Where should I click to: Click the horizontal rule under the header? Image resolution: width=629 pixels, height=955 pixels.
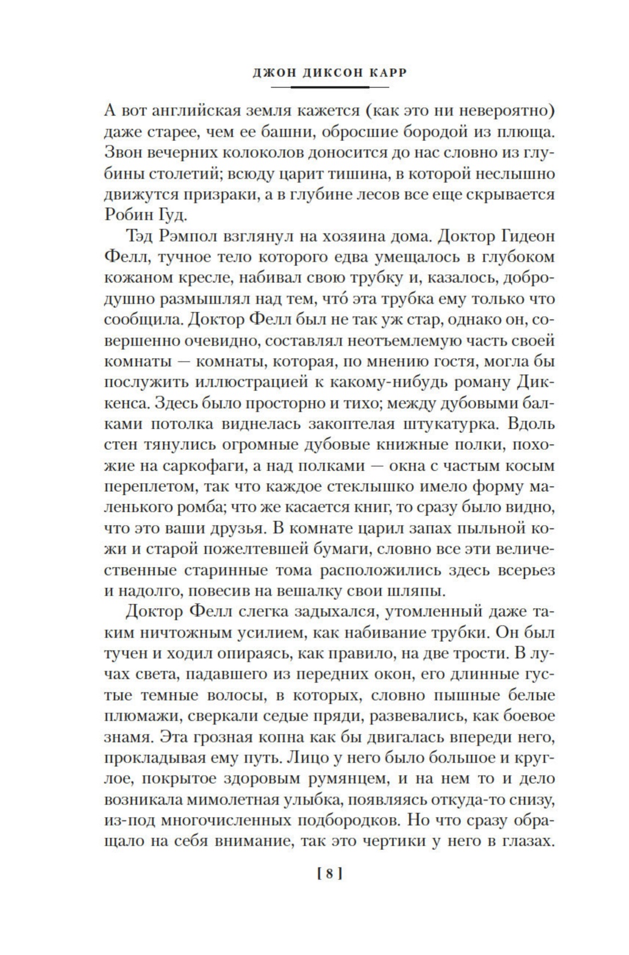pyautogui.click(x=330, y=87)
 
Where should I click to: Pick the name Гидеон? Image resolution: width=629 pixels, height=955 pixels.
pyautogui.click(x=527, y=236)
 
